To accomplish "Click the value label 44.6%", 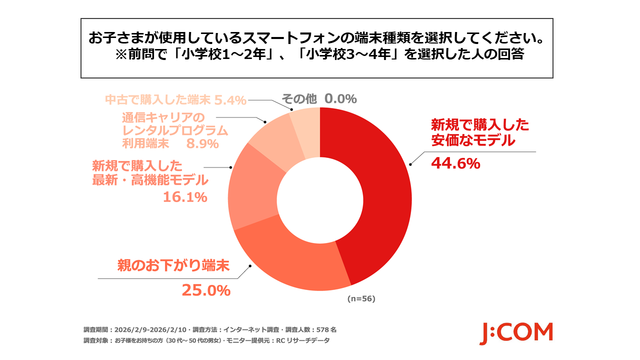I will pyautogui.click(x=455, y=163).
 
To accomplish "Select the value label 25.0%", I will pyautogui.click(x=205, y=290).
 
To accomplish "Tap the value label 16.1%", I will pyautogui.click(x=185, y=197).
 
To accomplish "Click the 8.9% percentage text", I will pyautogui.click(x=202, y=144).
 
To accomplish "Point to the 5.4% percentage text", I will pyautogui.click(x=230, y=100).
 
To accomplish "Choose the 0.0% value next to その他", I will pyautogui.click(x=340, y=99).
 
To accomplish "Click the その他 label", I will pyautogui.click(x=299, y=99).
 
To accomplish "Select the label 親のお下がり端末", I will pyautogui.click(x=173, y=264).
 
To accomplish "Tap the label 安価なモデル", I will pyautogui.click(x=472, y=141).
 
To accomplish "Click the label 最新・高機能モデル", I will pyautogui.click(x=150, y=180).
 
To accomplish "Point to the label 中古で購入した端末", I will pyautogui.click(x=157, y=100).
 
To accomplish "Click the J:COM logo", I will pyautogui.click(x=516, y=333).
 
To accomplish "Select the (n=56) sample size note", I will pyautogui.click(x=361, y=299).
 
